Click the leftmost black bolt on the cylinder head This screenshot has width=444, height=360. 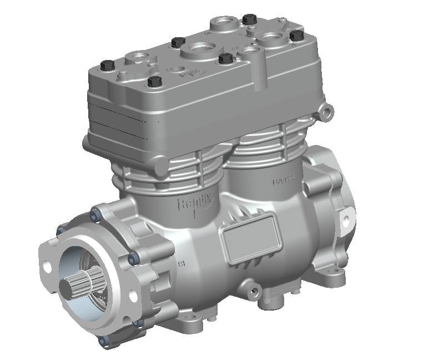[106, 64]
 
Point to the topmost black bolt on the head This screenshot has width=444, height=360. [249, 19]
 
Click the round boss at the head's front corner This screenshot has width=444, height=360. [161, 164]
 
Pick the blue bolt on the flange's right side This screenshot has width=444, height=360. [132, 258]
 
